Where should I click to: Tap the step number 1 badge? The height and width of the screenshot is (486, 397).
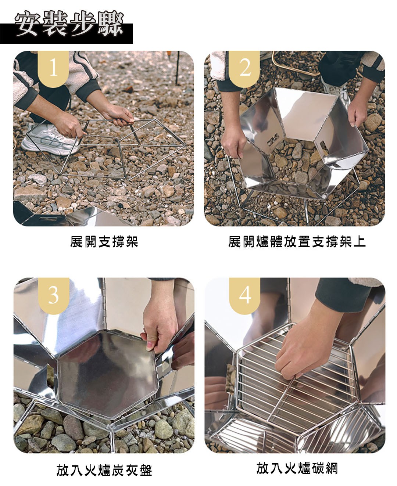tap(53, 68)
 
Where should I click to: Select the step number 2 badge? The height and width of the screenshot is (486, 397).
tap(244, 68)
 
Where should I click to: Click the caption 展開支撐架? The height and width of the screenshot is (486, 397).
tap(104, 242)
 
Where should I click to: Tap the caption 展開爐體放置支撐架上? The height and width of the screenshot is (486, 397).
tap(297, 242)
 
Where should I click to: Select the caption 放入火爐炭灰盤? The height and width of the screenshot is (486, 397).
tap(104, 470)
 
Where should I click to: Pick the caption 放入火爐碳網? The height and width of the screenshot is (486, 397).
tap(297, 468)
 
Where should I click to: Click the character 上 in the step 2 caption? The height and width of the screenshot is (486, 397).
tap(360, 242)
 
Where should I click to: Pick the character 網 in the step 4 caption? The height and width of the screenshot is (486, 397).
tap(332, 468)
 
